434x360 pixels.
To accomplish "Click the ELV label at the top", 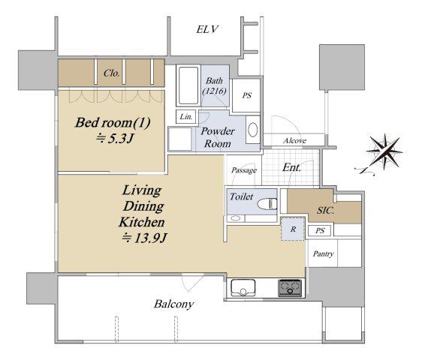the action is point(207,29).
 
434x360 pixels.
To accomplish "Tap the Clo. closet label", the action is point(112,73).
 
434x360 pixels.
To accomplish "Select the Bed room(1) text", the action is point(113,122).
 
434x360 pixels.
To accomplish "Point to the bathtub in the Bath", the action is point(188,85).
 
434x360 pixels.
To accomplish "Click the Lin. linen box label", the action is point(186,117).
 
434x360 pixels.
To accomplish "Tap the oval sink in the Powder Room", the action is point(253,130).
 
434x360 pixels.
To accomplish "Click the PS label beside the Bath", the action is point(246,95).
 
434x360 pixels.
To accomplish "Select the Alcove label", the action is point(294,141).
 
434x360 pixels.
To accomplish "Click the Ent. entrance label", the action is point(291,167).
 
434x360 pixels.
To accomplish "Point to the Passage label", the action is point(244,170).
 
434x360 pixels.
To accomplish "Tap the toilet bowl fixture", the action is point(267,204).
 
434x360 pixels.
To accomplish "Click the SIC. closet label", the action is point(326,211).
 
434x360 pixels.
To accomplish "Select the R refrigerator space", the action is point(293,229).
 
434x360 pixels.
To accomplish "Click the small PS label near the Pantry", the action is point(320,230).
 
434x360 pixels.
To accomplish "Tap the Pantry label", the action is point(324,253).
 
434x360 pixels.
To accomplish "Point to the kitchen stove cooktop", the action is point(290,288).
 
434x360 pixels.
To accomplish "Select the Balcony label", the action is point(173,304).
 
